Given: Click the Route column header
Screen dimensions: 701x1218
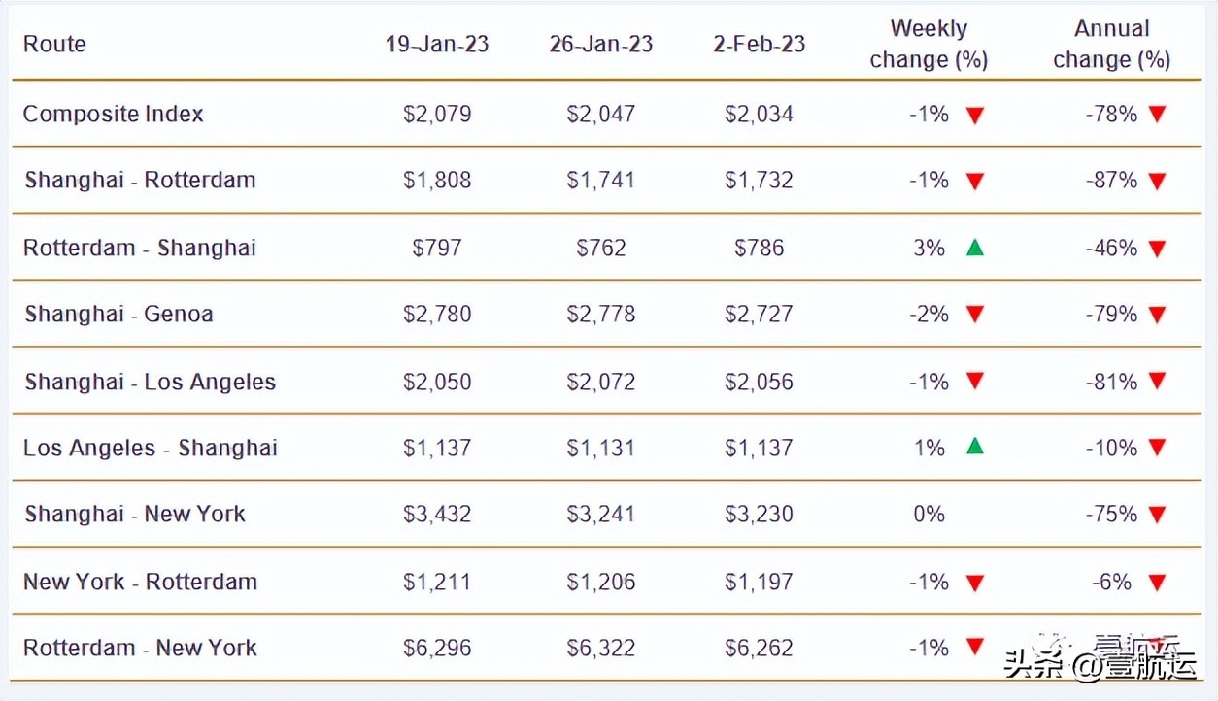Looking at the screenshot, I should pyautogui.click(x=54, y=44).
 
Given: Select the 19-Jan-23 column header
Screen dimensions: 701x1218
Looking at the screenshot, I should pyautogui.click(x=437, y=44).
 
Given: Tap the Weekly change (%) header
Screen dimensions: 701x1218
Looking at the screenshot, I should pyautogui.click(x=929, y=45).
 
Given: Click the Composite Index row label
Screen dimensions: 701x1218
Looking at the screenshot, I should pyautogui.click(x=113, y=114).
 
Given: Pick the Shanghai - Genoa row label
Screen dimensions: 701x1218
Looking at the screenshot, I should pyautogui.click(x=118, y=314).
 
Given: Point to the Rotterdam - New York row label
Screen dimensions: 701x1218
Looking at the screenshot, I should pyautogui.click(x=140, y=648).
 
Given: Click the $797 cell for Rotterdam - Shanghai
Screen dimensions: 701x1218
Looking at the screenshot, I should pyautogui.click(x=437, y=248).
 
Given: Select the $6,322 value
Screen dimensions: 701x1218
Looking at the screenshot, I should pyautogui.click(x=600, y=648).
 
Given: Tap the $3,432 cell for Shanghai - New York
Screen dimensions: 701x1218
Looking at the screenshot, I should pyautogui.click(x=437, y=514).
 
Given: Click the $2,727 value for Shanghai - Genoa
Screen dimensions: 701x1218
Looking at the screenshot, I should pyautogui.click(x=759, y=314).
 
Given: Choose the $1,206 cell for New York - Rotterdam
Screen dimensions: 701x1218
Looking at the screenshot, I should pyautogui.click(x=600, y=582).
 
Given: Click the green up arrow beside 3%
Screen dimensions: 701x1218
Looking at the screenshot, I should pyautogui.click(x=975, y=248).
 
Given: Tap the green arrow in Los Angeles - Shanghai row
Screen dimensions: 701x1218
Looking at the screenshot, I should pyautogui.click(x=975, y=447).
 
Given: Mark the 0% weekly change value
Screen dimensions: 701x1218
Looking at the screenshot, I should pyautogui.click(x=929, y=514).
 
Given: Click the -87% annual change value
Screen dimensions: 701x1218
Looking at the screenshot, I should pyautogui.click(x=1111, y=180).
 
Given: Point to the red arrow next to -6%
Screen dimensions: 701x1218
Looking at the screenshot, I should pyautogui.click(x=1156, y=583).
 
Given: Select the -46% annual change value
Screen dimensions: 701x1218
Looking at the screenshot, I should pyautogui.click(x=1111, y=248).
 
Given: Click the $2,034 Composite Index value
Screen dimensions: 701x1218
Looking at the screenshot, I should pyautogui.click(x=759, y=114).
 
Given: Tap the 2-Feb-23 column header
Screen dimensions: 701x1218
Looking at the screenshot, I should pyautogui.click(x=759, y=44).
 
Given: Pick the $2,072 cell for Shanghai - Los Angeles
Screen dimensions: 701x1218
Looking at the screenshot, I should pyautogui.click(x=600, y=382).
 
